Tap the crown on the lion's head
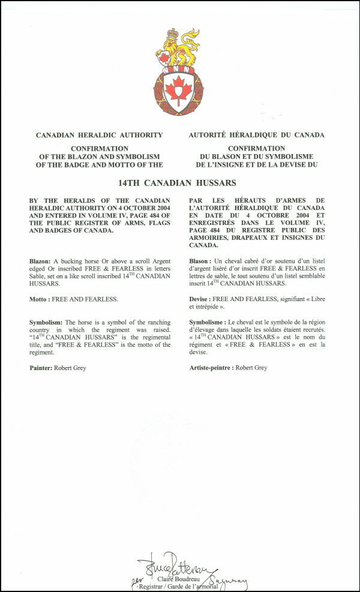[x=173, y=34]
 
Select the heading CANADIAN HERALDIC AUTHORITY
[x=99, y=135]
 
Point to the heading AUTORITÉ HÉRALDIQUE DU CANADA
[x=256, y=135]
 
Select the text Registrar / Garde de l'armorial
[x=179, y=587]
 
